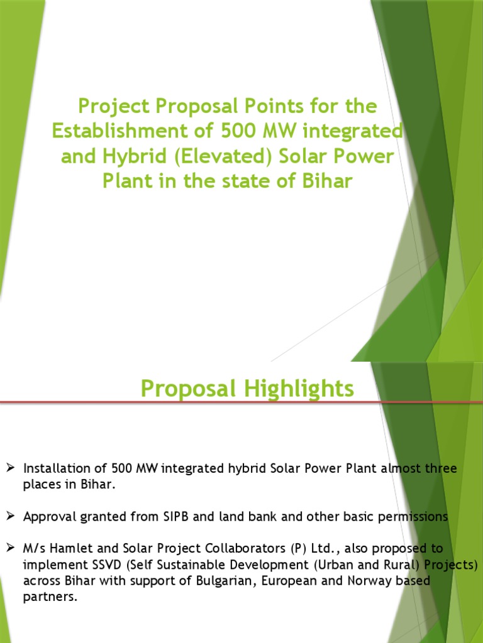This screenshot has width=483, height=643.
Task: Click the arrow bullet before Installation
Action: tap(10, 468)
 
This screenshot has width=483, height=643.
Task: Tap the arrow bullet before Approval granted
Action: tap(10, 517)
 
